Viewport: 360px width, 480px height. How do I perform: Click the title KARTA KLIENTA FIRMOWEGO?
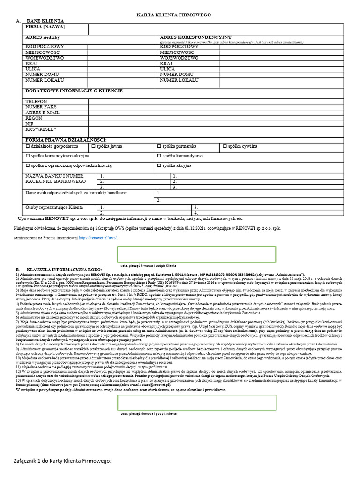[x=173, y=15]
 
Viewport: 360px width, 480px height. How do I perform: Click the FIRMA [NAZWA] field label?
[x=45, y=27]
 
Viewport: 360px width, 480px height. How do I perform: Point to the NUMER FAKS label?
[x=41, y=107]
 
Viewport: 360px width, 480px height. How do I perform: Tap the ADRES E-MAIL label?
[x=42, y=112]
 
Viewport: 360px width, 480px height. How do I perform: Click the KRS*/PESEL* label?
[x=40, y=129]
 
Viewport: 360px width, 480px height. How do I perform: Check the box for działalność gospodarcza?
[x=27, y=147]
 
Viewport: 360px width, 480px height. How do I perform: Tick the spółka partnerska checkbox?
[x=159, y=147]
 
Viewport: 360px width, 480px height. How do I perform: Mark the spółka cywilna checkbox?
[x=225, y=147]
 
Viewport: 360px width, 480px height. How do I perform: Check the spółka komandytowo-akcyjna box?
[x=27, y=156]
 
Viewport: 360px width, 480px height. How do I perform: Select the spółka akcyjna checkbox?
[x=159, y=165]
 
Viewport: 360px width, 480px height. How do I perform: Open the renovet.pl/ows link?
[x=98, y=238]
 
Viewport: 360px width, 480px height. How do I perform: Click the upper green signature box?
[x=196, y=254]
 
